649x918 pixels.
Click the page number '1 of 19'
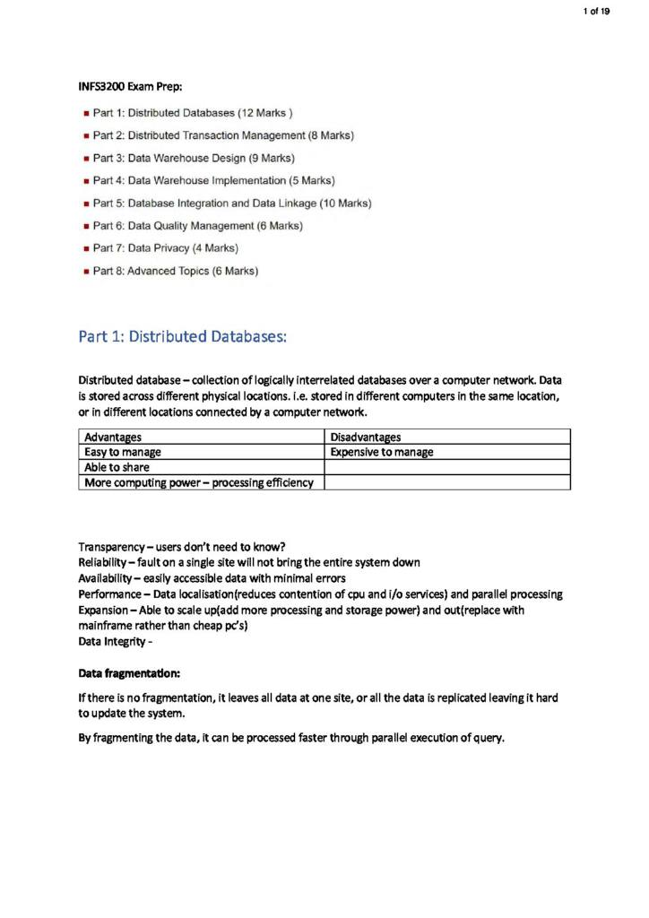pyautogui.click(x=595, y=11)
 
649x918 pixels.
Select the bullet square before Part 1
pyautogui.click(x=85, y=114)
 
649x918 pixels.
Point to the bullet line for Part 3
pyautogui.click(x=194, y=158)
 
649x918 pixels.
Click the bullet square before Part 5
pyautogui.click(x=85, y=204)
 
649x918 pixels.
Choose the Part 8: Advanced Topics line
pyautogui.click(x=176, y=270)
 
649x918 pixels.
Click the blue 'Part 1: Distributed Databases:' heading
pyautogui.click(x=183, y=337)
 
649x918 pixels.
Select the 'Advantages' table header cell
pyautogui.click(x=113, y=437)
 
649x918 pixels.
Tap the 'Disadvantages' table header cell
pyautogui.click(x=365, y=437)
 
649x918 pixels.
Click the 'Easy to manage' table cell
pyautogui.click(x=123, y=452)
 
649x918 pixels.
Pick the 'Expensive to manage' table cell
pyautogui.click(x=383, y=452)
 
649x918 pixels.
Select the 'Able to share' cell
pyautogui.click(x=117, y=467)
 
